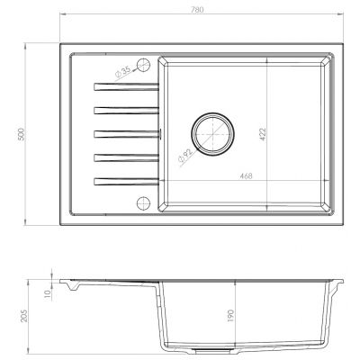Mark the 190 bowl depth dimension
[x=232, y=316]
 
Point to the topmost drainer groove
[x=125, y=86]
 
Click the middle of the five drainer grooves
[x=125, y=134]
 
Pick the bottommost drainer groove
[x=125, y=182]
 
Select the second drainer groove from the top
[x=125, y=110]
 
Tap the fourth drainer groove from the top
[x=125, y=157]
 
